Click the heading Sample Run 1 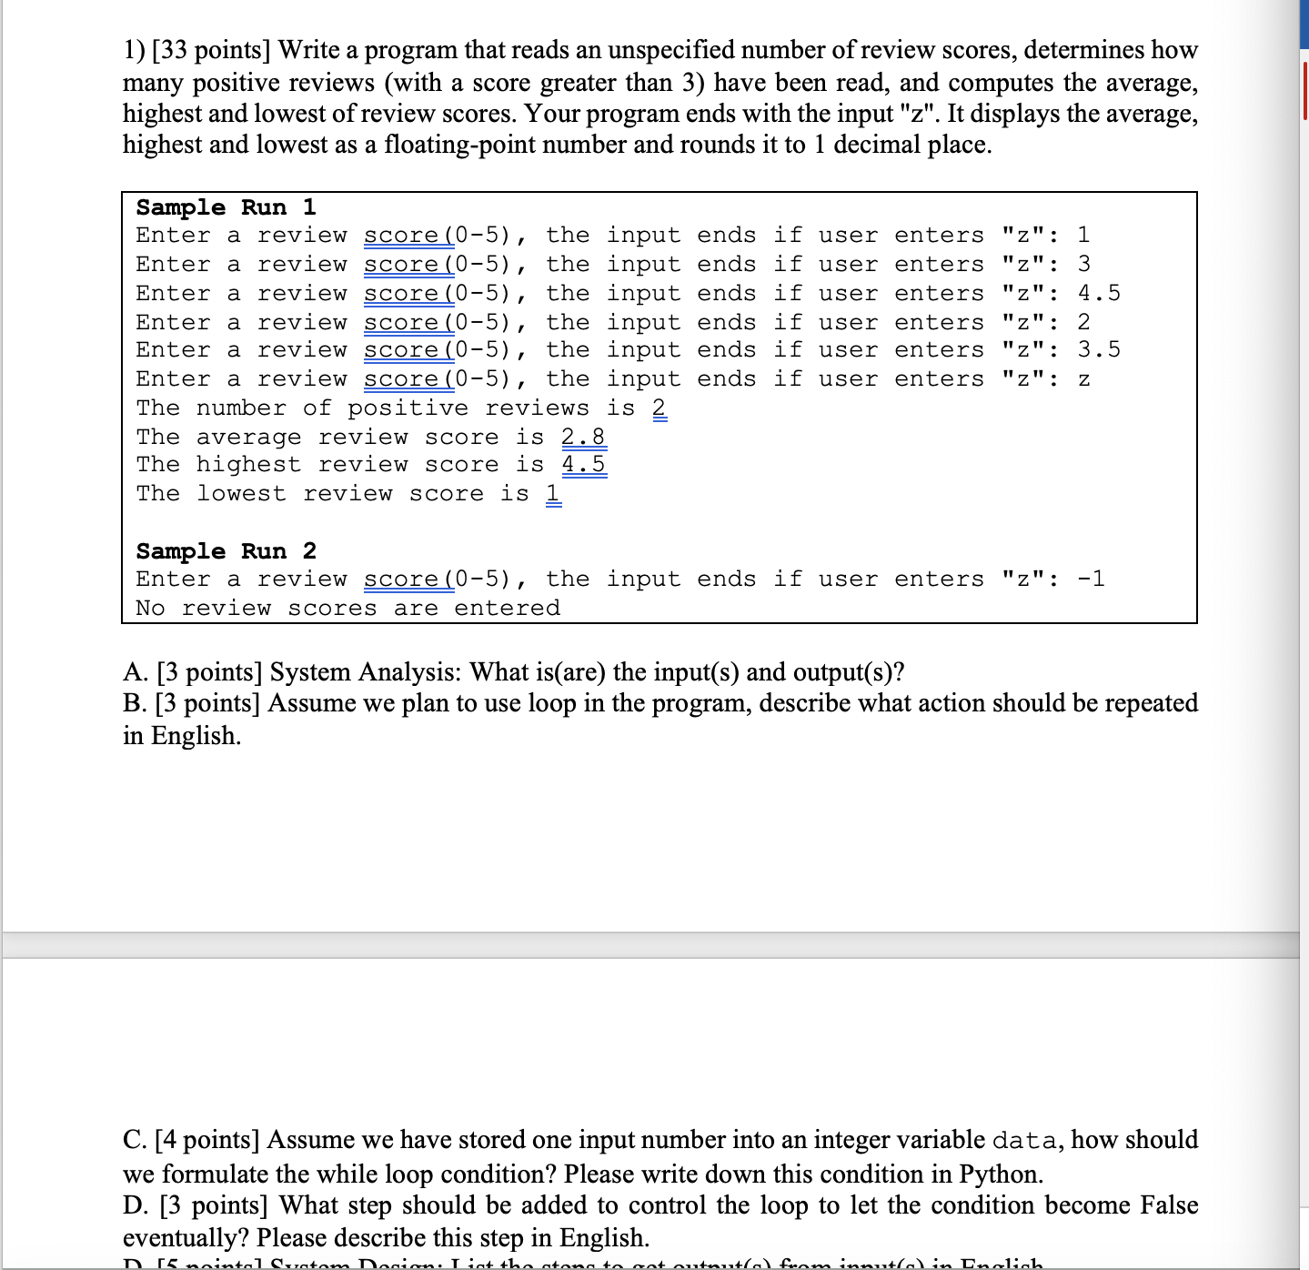(226, 207)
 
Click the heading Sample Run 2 (226, 551)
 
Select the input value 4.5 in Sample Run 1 (1099, 293)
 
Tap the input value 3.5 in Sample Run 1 (1099, 350)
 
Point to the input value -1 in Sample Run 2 (1091, 580)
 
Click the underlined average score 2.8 (583, 438)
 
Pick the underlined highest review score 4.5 (583, 465)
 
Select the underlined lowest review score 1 (553, 494)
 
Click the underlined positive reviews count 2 (660, 408)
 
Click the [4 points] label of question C (207, 1140)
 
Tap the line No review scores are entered (348, 609)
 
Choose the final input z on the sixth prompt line (1083, 380)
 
